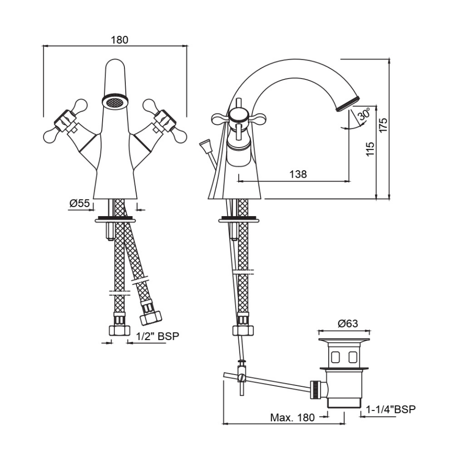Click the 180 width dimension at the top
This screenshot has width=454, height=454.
click(119, 40)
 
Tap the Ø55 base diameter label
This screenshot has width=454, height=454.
click(79, 203)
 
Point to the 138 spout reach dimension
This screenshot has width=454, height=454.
click(297, 174)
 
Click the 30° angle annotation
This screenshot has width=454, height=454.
click(364, 115)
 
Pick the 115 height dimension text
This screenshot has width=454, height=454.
click(370, 149)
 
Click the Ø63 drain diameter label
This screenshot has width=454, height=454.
click(348, 323)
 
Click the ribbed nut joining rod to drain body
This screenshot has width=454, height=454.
click(314, 388)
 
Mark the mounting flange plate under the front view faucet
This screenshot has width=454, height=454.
click(115, 219)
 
